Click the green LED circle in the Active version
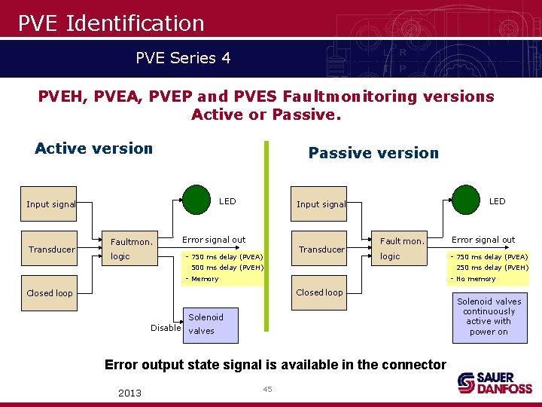(x=197, y=200)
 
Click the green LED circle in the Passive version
(x=465, y=200)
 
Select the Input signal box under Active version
(x=50, y=204)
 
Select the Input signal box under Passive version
(x=319, y=203)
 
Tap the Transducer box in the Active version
(x=50, y=249)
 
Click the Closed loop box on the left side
(x=50, y=293)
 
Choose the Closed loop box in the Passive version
(x=319, y=292)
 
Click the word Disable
(x=166, y=328)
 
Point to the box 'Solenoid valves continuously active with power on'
(x=489, y=317)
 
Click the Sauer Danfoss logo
(x=495, y=382)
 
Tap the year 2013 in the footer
(x=129, y=393)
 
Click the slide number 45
(x=266, y=389)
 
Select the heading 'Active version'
(x=94, y=148)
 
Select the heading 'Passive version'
(x=373, y=153)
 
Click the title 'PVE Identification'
(x=111, y=23)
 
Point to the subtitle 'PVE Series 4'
(x=183, y=57)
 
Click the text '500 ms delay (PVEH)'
(x=227, y=267)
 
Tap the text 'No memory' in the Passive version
(x=476, y=279)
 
